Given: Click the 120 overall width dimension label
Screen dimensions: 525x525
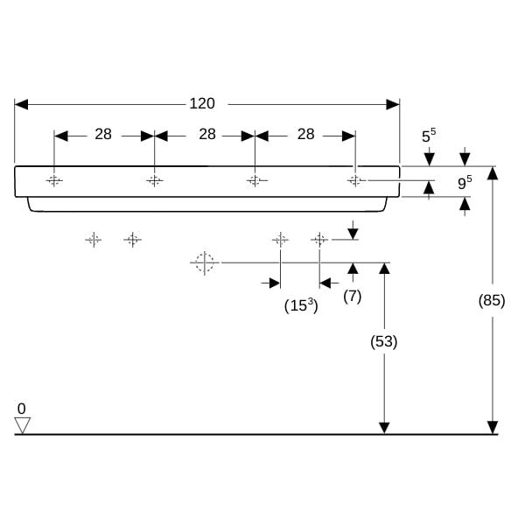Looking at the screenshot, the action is tap(202, 103).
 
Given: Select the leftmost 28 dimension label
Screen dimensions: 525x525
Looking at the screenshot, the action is tap(103, 134).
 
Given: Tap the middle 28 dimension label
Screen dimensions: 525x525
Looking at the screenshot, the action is tap(207, 134).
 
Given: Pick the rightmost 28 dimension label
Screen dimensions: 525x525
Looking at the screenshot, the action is tap(306, 134).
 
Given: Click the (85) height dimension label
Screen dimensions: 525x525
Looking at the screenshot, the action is tap(492, 300).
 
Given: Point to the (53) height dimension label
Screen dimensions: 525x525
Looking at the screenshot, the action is tap(384, 341).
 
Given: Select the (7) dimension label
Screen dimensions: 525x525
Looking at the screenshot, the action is tap(353, 297).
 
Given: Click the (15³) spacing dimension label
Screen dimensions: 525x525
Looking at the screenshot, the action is tap(301, 305).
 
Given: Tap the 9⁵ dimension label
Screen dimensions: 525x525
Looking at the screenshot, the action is tap(465, 183).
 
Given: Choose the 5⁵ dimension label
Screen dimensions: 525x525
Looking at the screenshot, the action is tap(429, 136).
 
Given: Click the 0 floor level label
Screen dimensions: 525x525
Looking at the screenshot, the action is tap(21, 409).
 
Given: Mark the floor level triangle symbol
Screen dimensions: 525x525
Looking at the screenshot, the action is tap(23, 425).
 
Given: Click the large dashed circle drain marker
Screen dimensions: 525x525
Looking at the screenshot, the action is tap(205, 262).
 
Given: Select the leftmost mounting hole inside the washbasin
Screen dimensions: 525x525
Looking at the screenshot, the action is tap(54, 181).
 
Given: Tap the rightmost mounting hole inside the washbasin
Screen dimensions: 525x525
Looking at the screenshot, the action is tap(355, 181).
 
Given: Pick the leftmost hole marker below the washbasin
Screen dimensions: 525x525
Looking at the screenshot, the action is tap(94, 240).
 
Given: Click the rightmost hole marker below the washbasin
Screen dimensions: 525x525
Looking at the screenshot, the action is tap(319, 240).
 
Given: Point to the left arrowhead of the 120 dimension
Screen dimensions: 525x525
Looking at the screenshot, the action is tap(21, 104).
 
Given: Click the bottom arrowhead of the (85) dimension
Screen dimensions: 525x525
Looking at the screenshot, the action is tap(493, 428).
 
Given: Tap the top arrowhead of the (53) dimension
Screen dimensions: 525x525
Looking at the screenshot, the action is tap(384, 269).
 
